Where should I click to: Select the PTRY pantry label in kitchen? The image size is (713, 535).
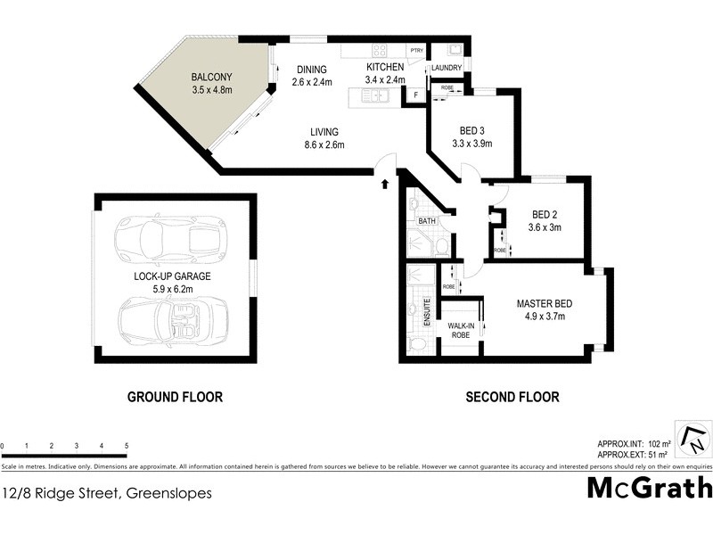(416, 51)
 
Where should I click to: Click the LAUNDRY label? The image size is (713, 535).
(446, 68)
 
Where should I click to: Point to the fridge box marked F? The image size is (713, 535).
(415, 94)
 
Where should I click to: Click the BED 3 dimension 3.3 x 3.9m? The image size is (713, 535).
(472, 143)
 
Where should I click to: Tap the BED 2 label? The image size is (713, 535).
(545, 215)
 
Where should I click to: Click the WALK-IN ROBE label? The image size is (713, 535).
(460, 331)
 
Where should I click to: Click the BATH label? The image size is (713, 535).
(427, 220)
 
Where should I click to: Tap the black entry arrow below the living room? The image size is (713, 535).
(384, 184)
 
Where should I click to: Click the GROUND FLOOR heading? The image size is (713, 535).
(175, 397)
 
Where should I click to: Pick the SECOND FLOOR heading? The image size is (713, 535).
(512, 397)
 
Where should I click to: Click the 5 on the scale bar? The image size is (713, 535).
(127, 446)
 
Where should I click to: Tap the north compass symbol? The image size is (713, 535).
(693, 438)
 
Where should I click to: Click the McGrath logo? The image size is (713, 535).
(650, 488)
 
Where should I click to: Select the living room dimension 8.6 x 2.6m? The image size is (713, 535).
(324, 144)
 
